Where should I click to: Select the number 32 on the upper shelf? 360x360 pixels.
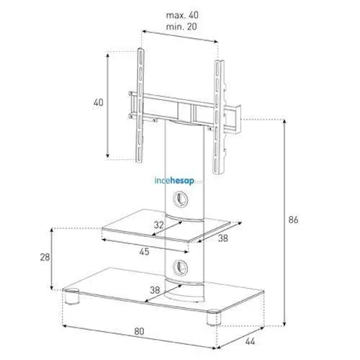coord(158,224)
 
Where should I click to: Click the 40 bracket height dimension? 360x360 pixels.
coord(99,103)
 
